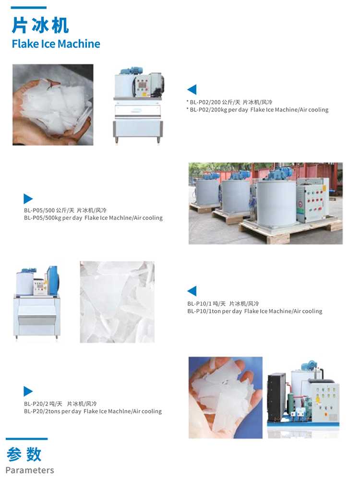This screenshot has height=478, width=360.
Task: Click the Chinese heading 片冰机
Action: click(40, 25)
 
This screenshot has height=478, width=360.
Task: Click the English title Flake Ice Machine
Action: click(56, 44)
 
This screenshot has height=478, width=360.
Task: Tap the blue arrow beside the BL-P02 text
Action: click(192, 89)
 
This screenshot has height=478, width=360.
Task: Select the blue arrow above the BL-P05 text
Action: click(28, 199)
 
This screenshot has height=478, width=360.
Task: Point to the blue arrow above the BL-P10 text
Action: click(192, 291)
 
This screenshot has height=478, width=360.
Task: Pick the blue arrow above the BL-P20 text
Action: click(28, 391)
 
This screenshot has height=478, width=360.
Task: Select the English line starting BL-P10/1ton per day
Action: click(255, 311)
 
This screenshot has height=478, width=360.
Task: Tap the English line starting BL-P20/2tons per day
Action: click(93, 411)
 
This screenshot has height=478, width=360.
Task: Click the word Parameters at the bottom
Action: click(30, 470)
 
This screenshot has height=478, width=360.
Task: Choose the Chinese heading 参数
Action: click(24, 454)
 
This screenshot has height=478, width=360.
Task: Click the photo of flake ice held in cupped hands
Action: click(53, 105)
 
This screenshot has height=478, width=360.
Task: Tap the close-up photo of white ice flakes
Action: click(117, 302)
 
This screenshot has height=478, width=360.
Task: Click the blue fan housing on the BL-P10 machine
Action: click(52, 280)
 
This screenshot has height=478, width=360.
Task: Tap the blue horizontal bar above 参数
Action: click(26, 439)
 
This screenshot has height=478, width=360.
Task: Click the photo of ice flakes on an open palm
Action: click(226, 397)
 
